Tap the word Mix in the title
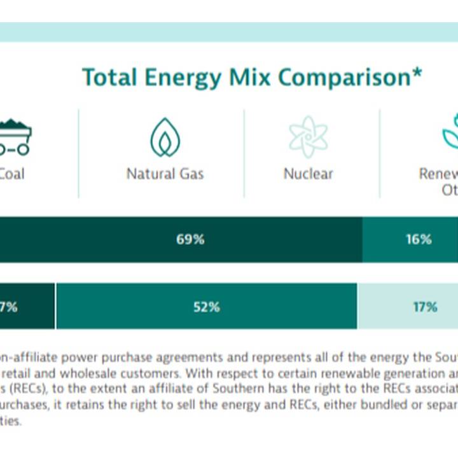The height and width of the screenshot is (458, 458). click(x=249, y=78)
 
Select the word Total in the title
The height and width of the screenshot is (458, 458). click(x=110, y=78)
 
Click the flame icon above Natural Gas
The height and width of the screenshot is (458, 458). click(x=165, y=137)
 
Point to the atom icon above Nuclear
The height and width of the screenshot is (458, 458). click(x=308, y=136)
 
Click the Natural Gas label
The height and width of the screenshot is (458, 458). click(x=165, y=174)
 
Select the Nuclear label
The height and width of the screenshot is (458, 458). click(x=308, y=174)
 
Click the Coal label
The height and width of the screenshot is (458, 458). click(x=11, y=174)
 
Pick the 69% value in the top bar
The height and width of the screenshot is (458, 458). click(x=190, y=240)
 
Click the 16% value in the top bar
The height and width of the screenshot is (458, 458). click(x=419, y=240)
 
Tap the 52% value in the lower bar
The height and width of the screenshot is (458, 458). click(x=206, y=307)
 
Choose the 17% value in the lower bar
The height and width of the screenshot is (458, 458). click(x=424, y=307)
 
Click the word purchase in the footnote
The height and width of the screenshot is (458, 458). click(x=115, y=357)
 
